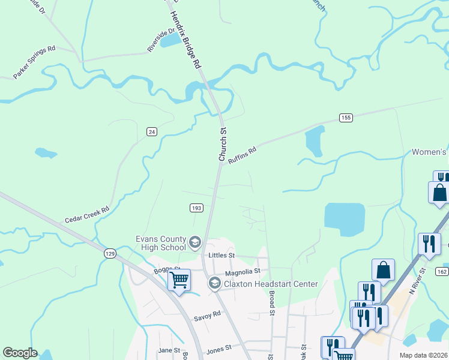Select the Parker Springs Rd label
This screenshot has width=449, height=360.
tap(34, 62)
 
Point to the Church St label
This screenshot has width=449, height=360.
tap(223, 144)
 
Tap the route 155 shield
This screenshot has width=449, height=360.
tap(345, 118)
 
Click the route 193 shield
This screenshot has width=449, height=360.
tap(196, 208)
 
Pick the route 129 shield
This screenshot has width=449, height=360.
tap(109, 254)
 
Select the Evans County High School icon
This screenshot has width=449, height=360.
tap(194, 242)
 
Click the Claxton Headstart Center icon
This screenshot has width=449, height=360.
tap(214, 283)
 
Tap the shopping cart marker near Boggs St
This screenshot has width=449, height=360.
tap(179, 279)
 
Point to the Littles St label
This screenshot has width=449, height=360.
tap(220, 255)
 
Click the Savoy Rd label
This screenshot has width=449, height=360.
tap(208, 314)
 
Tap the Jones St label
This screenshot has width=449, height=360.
tap(218, 349)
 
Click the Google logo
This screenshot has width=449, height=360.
tap(20, 353)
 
